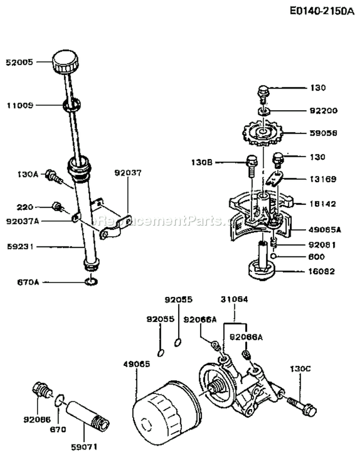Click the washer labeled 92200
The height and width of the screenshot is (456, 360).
click(x=263, y=112)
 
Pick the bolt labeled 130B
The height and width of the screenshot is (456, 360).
click(x=251, y=164)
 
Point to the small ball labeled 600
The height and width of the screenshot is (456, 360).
click(x=273, y=257)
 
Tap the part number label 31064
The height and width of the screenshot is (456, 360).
click(x=235, y=300)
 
